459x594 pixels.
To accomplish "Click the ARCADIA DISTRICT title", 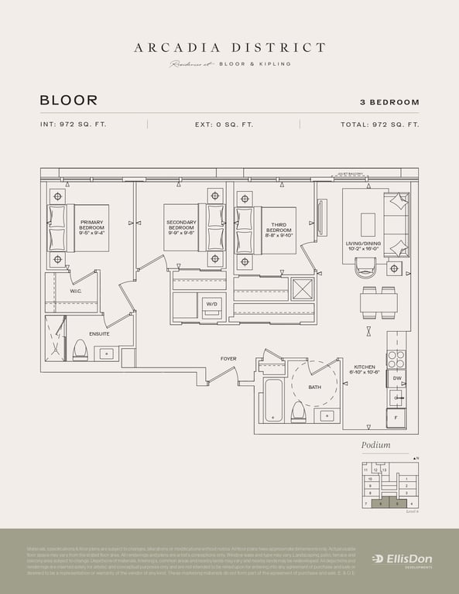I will [x=230, y=48].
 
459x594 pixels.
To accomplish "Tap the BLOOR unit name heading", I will [x=69, y=101].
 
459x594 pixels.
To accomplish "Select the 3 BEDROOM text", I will [x=389, y=102].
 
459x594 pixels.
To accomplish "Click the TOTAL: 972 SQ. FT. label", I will [x=379, y=125].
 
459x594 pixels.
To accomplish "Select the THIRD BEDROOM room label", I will [x=278, y=229].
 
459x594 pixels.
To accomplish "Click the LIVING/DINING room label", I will [x=364, y=247].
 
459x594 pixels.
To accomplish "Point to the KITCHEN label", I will [x=365, y=370].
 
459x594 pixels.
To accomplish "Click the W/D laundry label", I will [x=212, y=304].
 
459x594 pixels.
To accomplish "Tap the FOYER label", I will [x=228, y=359].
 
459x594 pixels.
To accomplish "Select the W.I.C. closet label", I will [x=76, y=292].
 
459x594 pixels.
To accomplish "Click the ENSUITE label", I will [x=99, y=333].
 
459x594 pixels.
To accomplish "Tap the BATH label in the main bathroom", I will [x=314, y=387].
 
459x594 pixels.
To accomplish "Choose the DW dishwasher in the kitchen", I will [x=396, y=378].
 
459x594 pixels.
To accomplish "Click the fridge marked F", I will [x=396, y=417].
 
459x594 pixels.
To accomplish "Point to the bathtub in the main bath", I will [x=272, y=400].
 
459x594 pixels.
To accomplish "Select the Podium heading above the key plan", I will [x=375, y=445].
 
